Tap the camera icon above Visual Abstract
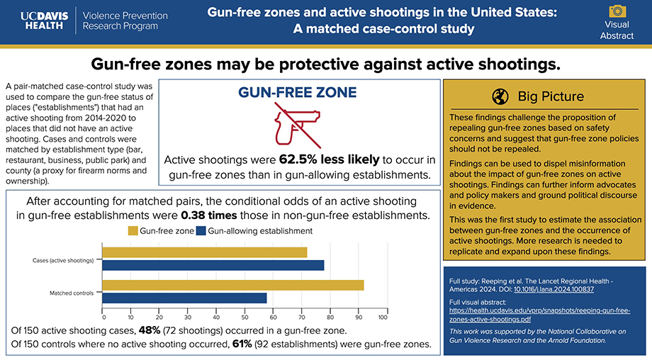pyautogui.click(x=618, y=11)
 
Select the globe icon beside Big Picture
pyautogui.click(x=500, y=97)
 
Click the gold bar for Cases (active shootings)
pyautogui.click(x=205, y=252)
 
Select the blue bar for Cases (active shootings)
pyautogui.click(x=213, y=265)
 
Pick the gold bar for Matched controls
pyautogui.click(x=233, y=285)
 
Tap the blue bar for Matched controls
pyautogui.click(x=185, y=298)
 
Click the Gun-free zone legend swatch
pyautogui.click(x=133, y=231)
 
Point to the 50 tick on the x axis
pyautogui.click(x=243, y=317)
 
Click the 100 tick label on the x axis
pyautogui.click(x=383, y=317)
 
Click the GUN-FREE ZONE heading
pyautogui.click(x=297, y=93)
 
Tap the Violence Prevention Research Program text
pyautogui.click(x=125, y=21)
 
